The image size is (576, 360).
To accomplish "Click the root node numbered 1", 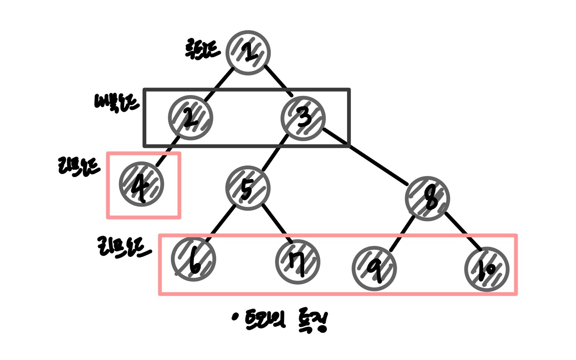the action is point(248,53).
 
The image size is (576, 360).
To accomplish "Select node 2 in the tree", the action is point(190,118).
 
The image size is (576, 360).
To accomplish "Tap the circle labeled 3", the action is point(303,118).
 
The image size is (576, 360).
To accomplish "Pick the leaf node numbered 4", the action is point(142,184).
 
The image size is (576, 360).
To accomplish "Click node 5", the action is point(248,188).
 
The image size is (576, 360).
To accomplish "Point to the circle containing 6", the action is point(194,259).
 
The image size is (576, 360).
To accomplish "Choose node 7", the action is point(298,262).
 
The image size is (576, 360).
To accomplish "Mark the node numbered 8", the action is point(427,199).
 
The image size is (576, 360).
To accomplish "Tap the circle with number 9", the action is point(374,268).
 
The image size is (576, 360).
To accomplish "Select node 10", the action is point(487,269).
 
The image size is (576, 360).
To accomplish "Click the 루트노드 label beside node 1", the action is point(202,50).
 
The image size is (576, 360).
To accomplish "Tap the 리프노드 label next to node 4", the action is point(79,166).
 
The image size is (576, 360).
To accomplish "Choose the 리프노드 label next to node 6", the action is point(124,247).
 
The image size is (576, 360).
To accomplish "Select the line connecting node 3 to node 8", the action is point(365,156).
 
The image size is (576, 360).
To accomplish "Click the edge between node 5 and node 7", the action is point(275,219).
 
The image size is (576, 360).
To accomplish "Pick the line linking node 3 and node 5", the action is point(275,153).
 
